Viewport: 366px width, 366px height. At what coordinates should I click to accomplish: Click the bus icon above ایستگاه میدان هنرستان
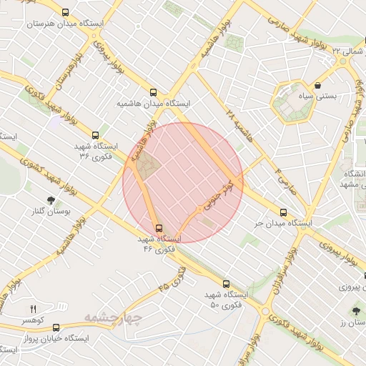pos(66,13)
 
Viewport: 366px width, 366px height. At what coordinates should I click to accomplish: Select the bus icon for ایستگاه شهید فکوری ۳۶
pos(96,134)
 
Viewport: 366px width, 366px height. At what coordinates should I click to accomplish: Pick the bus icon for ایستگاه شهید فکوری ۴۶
pos(158,229)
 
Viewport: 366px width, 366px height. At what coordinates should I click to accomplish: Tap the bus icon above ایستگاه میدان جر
pos(284,212)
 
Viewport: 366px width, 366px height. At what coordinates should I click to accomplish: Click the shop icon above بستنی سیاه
pos(317,85)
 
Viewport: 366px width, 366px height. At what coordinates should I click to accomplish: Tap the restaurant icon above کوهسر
pos(32,308)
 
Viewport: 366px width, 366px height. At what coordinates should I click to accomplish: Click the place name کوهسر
pos(31,320)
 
